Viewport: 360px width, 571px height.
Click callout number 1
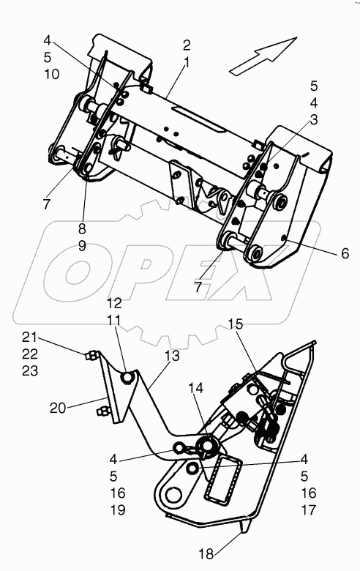(x=187, y=63)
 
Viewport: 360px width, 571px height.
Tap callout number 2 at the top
(x=187, y=45)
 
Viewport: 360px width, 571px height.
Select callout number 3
(x=313, y=120)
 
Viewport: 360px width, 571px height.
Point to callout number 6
(x=345, y=253)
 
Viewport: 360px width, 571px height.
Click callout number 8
(x=82, y=229)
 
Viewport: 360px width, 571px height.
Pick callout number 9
(x=82, y=246)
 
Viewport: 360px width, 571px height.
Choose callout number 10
(x=52, y=74)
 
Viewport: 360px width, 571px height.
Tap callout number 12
(x=114, y=303)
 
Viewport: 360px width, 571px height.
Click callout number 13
(x=173, y=356)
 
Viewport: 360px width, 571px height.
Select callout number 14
(x=195, y=389)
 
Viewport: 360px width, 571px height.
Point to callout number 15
(x=236, y=324)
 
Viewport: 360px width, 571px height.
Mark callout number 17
(x=309, y=510)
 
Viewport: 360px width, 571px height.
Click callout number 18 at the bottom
(x=206, y=554)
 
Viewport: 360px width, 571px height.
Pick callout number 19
(x=118, y=510)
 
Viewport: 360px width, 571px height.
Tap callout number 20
(x=59, y=408)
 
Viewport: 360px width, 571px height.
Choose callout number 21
(x=29, y=337)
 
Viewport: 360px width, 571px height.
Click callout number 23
(x=29, y=371)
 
